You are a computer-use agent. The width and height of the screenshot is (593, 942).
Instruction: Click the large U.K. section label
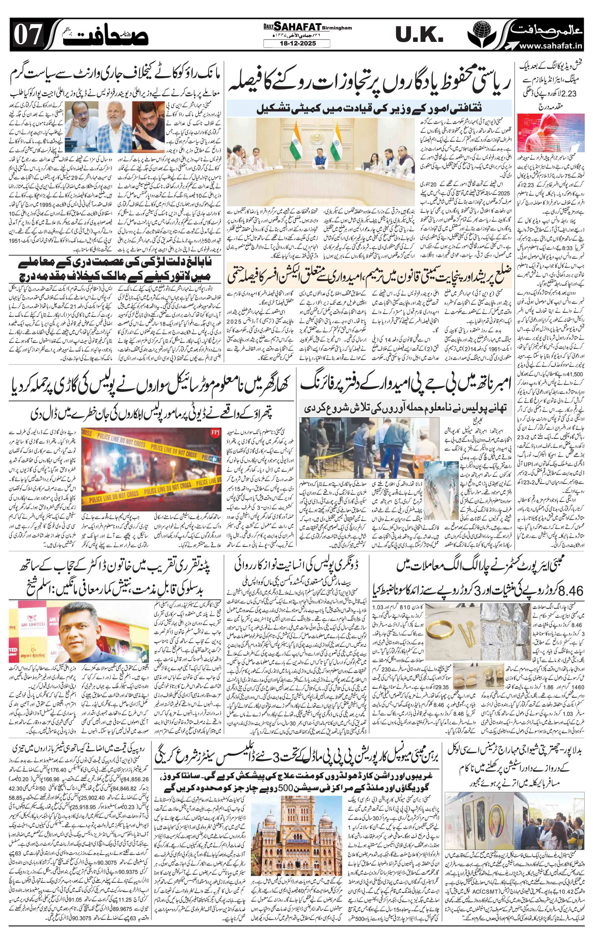pos(418,36)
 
